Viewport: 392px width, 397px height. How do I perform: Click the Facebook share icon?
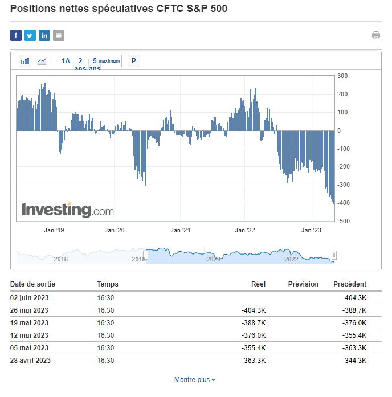pos(16,35)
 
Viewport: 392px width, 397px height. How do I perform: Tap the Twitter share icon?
pos(30,35)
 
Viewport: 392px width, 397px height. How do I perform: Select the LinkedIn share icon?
pos(44,35)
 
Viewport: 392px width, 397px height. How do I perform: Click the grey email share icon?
pos(59,35)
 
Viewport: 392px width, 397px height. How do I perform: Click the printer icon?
pos(376,35)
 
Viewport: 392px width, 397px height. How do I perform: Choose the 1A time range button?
pos(66,61)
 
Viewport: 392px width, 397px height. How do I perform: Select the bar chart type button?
pos(25,61)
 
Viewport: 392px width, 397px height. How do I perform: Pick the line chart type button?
pos(42,61)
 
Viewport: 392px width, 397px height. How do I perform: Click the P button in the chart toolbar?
pos(133,61)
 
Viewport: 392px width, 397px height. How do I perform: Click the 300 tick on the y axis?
pos(342,76)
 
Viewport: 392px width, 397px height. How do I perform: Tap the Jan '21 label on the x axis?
pos(180,230)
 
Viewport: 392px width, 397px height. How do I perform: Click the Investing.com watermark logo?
pos(68,210)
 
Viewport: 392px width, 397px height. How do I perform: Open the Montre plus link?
pos(195,380)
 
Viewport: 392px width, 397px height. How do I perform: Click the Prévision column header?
pos(303,284)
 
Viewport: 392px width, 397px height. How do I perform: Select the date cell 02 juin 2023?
pos(29,297)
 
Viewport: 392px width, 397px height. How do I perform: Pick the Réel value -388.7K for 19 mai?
pos(254,322)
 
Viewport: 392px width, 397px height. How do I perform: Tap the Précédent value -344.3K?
pos(354,360)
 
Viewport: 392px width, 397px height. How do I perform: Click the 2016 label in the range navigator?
pos(60,259)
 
